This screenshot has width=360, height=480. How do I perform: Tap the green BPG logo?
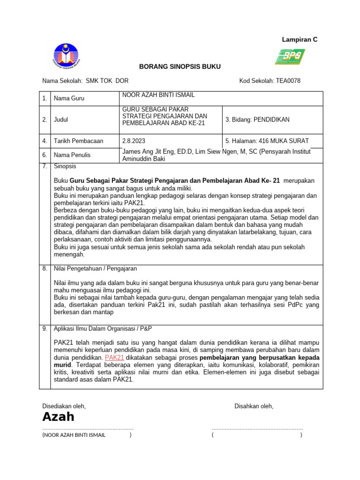pyautogui.click(x=289, y=57)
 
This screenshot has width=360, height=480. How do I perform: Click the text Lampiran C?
pyautogui.click(x=300, y=40)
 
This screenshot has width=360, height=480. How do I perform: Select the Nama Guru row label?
pyautogui.click(x=69, y=98)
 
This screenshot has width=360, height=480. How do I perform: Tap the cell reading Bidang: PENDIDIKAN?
pyautogui.click(x=257, y=120)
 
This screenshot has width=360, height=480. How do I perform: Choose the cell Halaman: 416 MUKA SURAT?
pyautogui.click(x=267, y=141)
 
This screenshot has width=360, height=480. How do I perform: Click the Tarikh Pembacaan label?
pyautogui.click(x=78, y=141)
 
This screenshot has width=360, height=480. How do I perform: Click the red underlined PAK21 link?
pyautogui.click(x=114, y=357)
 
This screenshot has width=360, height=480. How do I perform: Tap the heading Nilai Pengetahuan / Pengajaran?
pyautogui.click(x=95, y=269)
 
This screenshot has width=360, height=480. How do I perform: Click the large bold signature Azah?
pyautogui.click(x=58, y=417)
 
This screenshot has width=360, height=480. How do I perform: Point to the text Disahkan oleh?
pyautogui.click(x=254, y=406)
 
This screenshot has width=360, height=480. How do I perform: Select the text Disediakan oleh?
pyautogui.click(x=64, y=406)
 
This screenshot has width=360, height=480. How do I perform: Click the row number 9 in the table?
pyautogui.click(x=45, y=329)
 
